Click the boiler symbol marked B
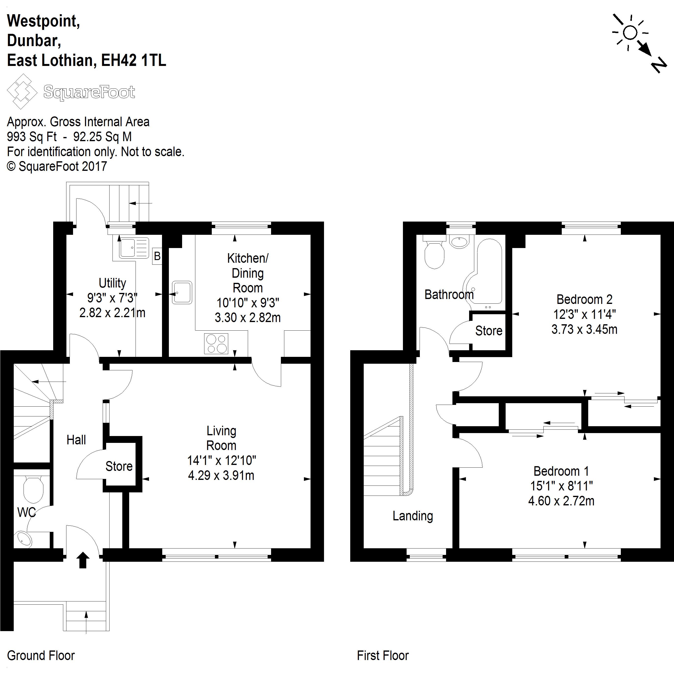point(157,256)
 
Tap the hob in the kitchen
point(216,344)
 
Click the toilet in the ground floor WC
point(33,489)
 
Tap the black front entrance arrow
point(83,560)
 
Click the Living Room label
point(221,438)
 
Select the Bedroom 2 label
point(584,299)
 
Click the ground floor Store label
point(119,466)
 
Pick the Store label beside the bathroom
point(489,331)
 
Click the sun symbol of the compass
point(630,33)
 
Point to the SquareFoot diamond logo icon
point(22,91)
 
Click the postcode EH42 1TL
point(134,60)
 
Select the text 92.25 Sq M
point(102,137)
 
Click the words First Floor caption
point(383,656)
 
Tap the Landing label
point(413,516)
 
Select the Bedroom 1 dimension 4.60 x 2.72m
point(561,501)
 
